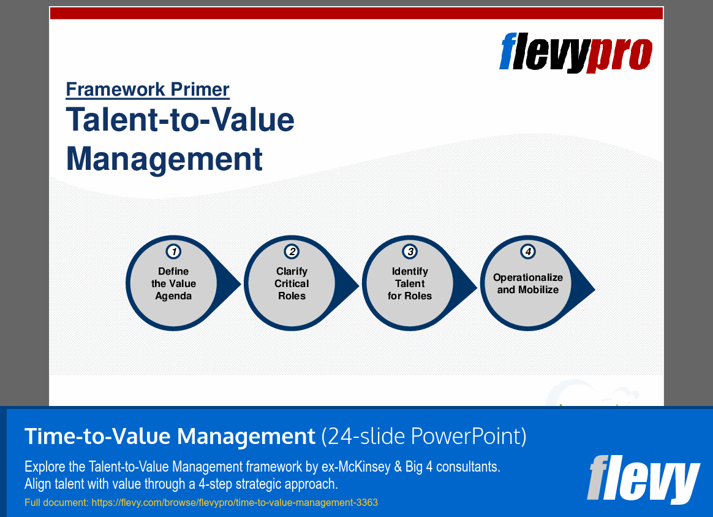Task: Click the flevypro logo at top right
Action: (x=576, y=52)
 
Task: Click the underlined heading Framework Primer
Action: (x=148, y=90)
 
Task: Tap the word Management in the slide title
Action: (x=164, y=158)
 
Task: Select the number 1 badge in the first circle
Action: (x=174, y=251)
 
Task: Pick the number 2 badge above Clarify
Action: (x=292, y=251)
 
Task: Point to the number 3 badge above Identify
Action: (x=410, y=251)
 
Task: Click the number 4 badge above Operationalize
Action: (x=528, y=251)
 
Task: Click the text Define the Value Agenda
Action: (x=174, y=284)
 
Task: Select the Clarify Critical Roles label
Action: (x=292, y=284)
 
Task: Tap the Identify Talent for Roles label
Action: (x=410, y=284)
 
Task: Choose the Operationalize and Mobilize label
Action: (x=528, y=284)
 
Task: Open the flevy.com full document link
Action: (x=235, y=503)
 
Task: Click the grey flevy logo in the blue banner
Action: (x=643, y=478)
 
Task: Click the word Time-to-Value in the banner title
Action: (x=98, y=437)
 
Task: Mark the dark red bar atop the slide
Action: (x=356, y=13)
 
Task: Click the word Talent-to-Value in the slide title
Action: (x=180, y=120)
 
